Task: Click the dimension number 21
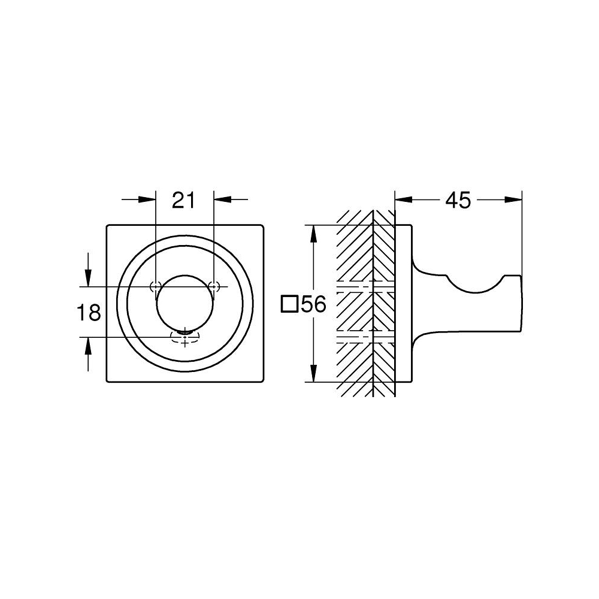tap(184, 201)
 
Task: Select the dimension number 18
tap(89, 312)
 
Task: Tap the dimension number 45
tap(458, 201)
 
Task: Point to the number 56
tap(313, 305)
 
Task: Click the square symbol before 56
tap(290, 305)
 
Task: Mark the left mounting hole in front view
tap(156, 285)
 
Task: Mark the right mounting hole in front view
tap(213, 285)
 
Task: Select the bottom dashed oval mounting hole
tap(184, 338)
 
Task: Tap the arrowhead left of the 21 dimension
tap(147, 200)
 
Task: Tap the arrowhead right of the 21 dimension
tap(222, 200)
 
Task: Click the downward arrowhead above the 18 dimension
tap(88, 277)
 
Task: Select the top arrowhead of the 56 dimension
tap(312, 233)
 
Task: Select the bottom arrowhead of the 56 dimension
tap(312, 374)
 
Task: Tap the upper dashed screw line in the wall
tap(365, 284)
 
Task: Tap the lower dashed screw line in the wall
tap(365, 338)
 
